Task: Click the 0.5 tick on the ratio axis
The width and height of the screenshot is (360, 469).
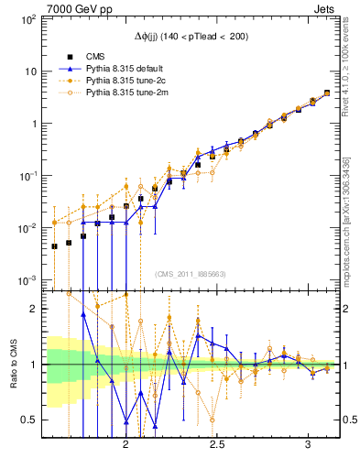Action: click(30, 420)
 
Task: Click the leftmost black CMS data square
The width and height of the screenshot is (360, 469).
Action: click(54, 245)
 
